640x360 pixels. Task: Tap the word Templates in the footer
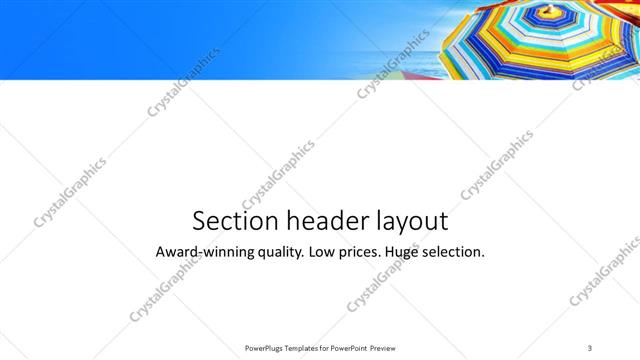(x=308, y=348)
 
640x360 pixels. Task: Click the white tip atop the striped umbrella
(x=548, y=10)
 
